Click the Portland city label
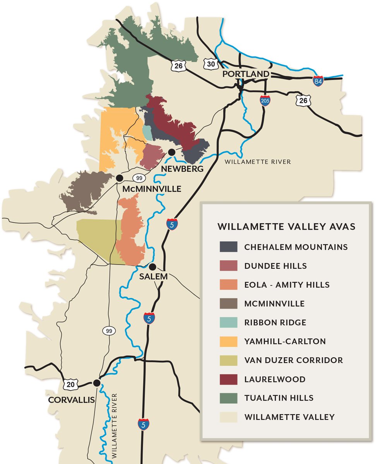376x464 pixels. (x=246, y=74)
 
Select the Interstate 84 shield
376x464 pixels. (x=318, y=81)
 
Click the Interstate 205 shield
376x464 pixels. (x=265, y=101)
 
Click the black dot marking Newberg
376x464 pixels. (x=172, y=152)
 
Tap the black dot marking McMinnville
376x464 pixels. (x=120, y=178)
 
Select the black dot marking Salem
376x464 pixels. (x=153, y=267)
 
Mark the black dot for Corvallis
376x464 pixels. (x=97, y=383)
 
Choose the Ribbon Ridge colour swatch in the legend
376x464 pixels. (x=228, y=322)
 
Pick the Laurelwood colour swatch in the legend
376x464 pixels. (x=228, y=379)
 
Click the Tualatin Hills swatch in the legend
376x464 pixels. (x=228, y=398)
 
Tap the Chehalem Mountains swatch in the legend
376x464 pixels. (x=228, y=247)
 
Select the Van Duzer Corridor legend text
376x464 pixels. (x=294, y=360)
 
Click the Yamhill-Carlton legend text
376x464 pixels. (x=285, y=341)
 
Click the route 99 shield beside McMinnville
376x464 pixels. (x=139, y=178)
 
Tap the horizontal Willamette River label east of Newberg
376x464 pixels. (x=257, y=162)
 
